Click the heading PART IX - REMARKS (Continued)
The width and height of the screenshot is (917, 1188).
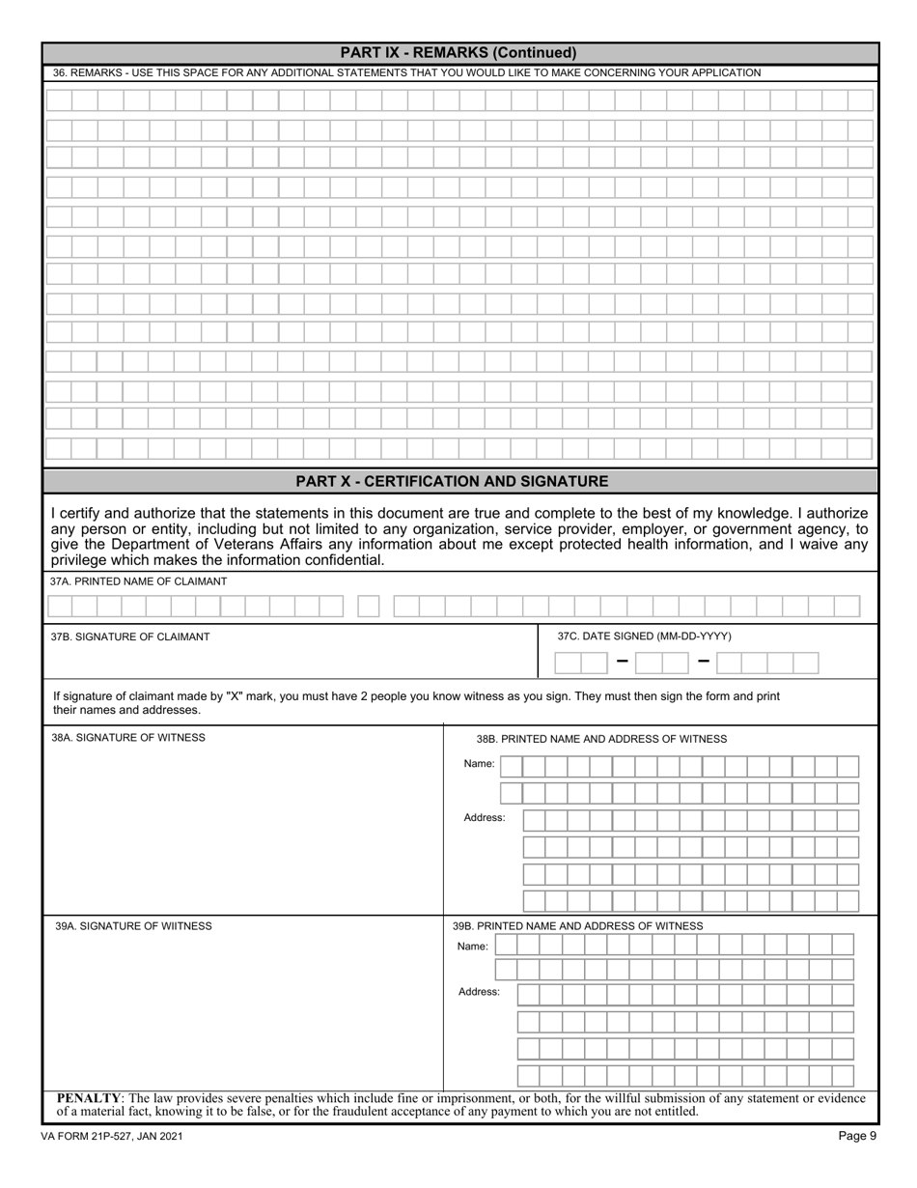point(458,53)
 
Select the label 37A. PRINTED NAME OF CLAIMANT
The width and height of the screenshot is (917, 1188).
point(139,581)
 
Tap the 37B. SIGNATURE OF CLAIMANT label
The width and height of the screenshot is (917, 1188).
point(130,636)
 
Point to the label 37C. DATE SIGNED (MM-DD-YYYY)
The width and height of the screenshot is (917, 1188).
point(644,636)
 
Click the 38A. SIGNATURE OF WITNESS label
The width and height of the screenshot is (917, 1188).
point(128,738)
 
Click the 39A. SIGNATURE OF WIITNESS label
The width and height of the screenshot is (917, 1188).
point(133,926)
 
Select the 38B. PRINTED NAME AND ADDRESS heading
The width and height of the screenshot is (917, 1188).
point(601,739)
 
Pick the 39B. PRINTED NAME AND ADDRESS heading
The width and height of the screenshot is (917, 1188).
point(577,926)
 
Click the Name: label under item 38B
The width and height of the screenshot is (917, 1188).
point(479,764)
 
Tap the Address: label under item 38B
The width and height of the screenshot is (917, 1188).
point(485,818)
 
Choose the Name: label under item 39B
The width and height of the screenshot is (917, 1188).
point(473,947)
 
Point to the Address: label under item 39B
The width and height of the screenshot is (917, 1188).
point(479,992)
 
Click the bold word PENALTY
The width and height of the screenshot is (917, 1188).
point(89,1098)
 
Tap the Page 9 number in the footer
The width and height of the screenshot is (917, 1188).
point(857,1136)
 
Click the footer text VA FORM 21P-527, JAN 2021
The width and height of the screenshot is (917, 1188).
point(112,1137)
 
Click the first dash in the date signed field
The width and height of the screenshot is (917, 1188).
point(622,662)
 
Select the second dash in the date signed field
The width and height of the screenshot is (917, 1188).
point(703,662)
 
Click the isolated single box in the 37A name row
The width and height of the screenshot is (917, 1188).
point(369,607)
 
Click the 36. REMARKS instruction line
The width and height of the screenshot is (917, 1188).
point(406,73)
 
